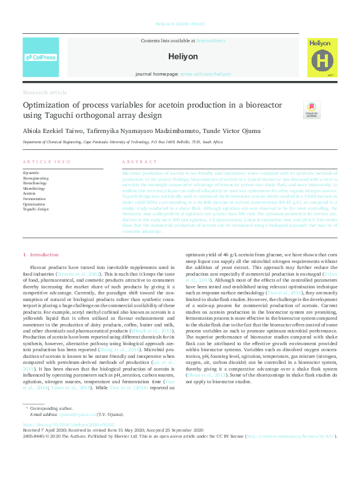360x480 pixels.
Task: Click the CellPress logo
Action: tap(41, 57)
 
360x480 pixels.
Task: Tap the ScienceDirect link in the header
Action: tap(211, 40)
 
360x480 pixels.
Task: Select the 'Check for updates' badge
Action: tap(312, 109)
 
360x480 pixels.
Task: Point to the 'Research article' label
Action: tap(45, 92)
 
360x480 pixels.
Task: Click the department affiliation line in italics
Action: tap(122, 142)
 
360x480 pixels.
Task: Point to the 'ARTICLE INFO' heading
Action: tap(46, 162)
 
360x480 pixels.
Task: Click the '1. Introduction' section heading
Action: tap(41, 255)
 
